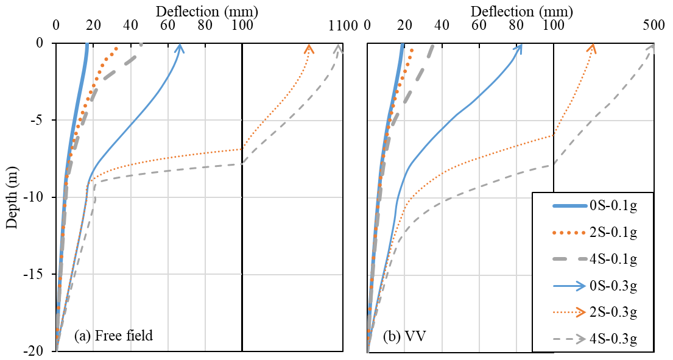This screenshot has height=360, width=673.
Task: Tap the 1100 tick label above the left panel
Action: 343,26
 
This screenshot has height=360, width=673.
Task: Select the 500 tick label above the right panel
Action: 654,26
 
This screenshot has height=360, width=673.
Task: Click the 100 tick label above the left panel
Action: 242,26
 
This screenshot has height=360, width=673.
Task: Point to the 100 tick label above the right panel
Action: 553,26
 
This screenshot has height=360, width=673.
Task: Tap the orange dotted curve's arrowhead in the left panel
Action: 309,48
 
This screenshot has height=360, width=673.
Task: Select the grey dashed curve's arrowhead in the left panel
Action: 339,48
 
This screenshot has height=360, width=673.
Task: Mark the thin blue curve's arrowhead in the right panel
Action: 520,48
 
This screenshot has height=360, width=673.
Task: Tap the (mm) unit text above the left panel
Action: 241,10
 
